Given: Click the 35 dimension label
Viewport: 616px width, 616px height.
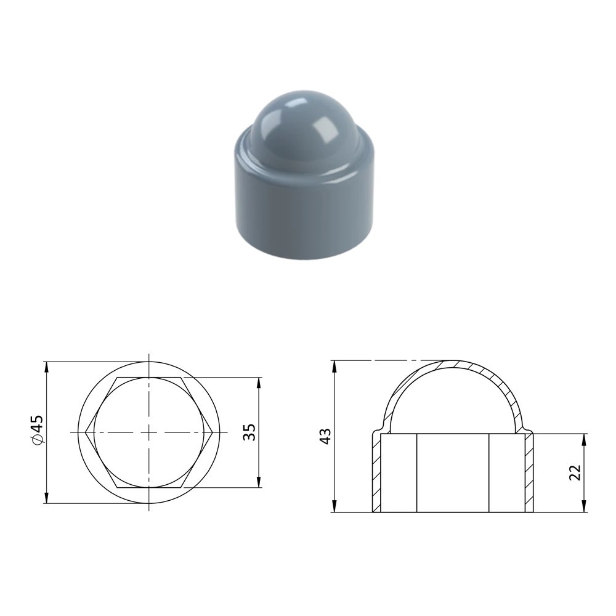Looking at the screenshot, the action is [x=249, y=432].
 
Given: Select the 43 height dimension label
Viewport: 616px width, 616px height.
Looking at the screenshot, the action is [x=326, y=437].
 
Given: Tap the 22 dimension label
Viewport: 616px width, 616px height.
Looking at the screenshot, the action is [x=575, y=472].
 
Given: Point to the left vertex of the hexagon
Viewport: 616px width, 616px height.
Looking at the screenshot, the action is [x=86, y=432].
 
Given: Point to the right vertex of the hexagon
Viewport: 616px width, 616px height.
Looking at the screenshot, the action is [x=213, y=432].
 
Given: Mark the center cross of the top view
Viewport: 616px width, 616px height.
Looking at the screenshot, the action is [x=149, y=432].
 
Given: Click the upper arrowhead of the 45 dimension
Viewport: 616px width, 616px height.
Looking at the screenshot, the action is [x=46, y=367].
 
